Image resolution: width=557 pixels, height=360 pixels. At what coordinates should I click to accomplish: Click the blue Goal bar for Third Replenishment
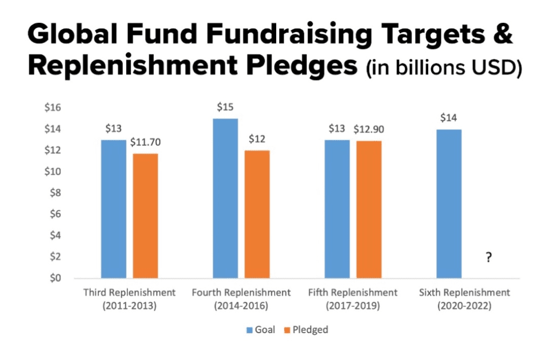[x=113, y=209]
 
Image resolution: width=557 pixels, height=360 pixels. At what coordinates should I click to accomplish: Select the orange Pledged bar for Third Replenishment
[x=145, y=216]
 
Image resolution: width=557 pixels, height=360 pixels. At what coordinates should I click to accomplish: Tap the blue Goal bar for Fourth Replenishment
[x=225, y=198]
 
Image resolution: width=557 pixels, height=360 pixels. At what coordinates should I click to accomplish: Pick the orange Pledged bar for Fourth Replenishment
[x=257, y=214]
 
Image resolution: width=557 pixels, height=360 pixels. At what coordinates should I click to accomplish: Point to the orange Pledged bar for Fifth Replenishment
[x=369, y=209]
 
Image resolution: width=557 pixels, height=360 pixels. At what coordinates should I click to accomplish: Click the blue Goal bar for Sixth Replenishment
[x=448, y=204]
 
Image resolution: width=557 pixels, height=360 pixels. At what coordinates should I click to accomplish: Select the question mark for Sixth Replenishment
[x=488, y=258]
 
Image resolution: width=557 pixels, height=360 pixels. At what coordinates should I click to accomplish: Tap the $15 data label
[x=225, y=108]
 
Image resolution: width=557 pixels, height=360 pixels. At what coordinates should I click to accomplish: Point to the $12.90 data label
[x=369, y=129]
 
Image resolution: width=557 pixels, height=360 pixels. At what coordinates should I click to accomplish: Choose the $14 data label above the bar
[x=448, y=118]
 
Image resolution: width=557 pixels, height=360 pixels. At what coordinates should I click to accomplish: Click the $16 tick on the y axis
[x=67, y=108]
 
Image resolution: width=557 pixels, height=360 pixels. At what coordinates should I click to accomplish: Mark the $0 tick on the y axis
[x=70, y=278]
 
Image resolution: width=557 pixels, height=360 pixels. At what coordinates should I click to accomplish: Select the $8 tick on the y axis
[x=70, y=193]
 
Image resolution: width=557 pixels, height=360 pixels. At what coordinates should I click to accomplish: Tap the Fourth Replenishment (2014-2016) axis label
[x=241, y=299]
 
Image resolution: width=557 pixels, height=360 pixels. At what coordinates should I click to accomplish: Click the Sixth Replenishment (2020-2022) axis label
[x=464, y=299]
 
